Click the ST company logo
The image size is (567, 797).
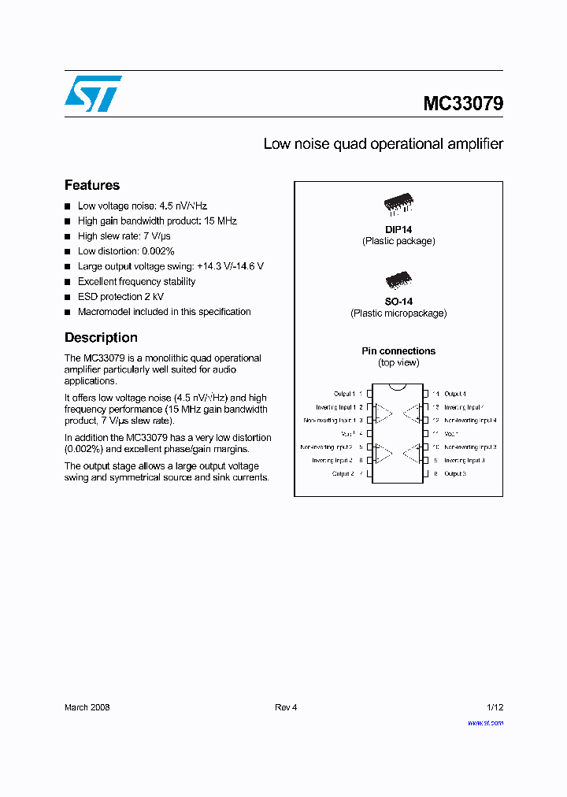[93, 94]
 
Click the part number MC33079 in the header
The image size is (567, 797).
[463, 104]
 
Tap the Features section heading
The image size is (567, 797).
[92, 185]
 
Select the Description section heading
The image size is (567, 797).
[101, 337]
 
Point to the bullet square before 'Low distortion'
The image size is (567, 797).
[68, 252]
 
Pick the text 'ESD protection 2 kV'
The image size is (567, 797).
[120, 297]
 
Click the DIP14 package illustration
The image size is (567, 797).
[398, 204]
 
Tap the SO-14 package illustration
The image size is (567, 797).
[398, 280]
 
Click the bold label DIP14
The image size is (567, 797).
[398, 229]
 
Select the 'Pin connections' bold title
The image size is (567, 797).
[398, 351]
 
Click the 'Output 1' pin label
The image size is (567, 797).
[344, 393]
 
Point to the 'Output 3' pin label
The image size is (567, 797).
[455, 474]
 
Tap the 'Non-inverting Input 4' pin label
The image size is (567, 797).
[469, 421]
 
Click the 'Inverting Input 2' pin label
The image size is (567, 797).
[332, 461]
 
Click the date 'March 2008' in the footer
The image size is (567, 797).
[87, 707]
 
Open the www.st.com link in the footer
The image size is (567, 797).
[485, 722]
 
